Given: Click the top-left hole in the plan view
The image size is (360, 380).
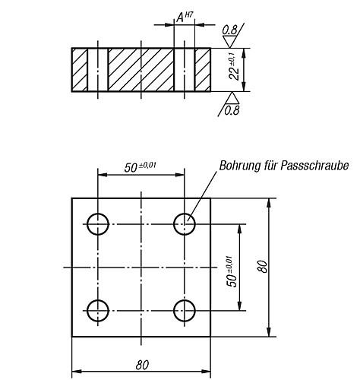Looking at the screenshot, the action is [x=87, y=224].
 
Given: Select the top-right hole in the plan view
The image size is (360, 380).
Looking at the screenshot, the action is [x=174, y=224].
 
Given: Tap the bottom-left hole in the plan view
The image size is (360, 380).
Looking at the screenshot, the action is [x=87, y=311].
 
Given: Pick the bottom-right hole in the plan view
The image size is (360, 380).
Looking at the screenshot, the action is [x=174, y=311].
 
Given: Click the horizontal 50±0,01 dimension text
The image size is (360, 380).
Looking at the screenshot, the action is [x=140, y=167].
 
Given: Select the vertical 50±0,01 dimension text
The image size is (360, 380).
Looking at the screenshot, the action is [x=231, y=271].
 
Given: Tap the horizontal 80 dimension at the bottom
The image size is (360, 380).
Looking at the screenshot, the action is [x=142, y=365].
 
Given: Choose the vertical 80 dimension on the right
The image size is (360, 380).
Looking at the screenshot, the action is [x=263, y=266].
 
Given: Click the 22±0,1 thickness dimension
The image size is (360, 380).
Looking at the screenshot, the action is [x=233, y=67].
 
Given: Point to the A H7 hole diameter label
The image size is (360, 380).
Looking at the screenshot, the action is [x=184, y=17].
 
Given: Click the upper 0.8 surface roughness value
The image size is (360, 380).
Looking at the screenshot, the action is [x=229, y=30].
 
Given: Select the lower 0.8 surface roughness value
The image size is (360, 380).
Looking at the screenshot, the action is [x=232, y=110].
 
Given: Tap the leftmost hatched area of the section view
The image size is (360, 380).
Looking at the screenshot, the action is [x=80, y=70].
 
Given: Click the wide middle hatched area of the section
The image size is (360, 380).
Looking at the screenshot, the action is [x=141, y=70].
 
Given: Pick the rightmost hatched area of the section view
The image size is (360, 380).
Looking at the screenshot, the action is [x=203, y=70].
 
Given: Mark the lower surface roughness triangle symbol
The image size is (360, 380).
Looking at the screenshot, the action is [x=232, y=98].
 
